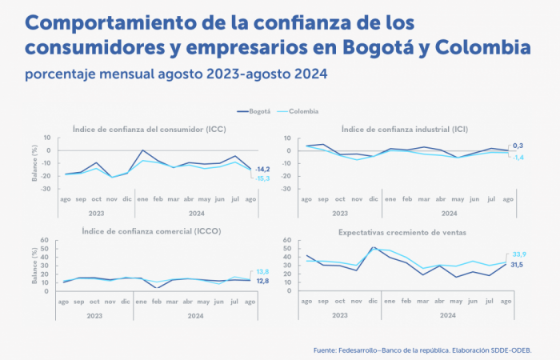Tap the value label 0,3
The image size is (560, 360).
point(519,146)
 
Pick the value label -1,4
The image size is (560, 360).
point(518,157)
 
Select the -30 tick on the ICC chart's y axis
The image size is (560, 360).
point(46,189)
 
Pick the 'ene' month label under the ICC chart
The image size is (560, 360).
point(143,198)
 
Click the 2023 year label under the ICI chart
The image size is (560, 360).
point(340,213)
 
